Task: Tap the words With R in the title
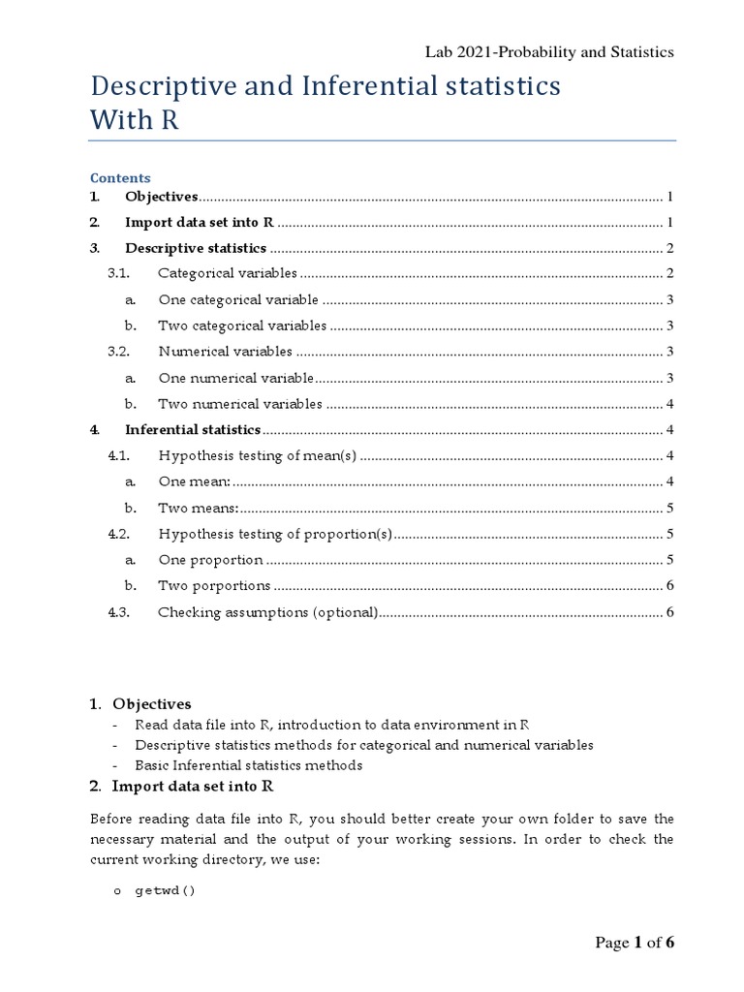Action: (x=135, y=120)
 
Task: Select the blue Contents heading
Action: (x=120, y=178)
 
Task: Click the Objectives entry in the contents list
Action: (x=161, y=197)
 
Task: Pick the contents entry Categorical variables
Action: (x=228, y=273)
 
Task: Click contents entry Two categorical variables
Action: (x=242, y=325)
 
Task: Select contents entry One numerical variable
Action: (x=235, y=378)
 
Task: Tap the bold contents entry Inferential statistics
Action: (x=193, y=429)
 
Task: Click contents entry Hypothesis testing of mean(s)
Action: (x=258, y=455)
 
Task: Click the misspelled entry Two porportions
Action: (x=214, y=585)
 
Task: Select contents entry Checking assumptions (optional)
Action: (x=267, y=611)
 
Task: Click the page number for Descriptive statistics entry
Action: (x=669, y=248)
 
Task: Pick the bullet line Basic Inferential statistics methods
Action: (x=248, y=765)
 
